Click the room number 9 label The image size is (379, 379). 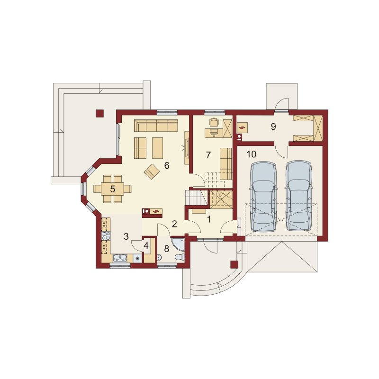(273, 126)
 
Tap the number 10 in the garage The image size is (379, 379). (252, 154)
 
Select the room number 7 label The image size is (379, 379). (208, 155)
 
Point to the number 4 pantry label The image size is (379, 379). (146, 245)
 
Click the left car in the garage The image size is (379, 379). (263, 197)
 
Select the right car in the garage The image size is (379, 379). (299, 196)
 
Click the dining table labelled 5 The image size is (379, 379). (113, 189)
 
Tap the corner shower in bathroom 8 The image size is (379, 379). (178, 245)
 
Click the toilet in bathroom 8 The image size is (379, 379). (180, 257)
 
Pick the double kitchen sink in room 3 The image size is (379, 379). (120, 258)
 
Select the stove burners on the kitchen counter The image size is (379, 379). (106, 235)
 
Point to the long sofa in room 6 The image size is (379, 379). (156, 126)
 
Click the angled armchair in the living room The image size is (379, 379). (152, 171)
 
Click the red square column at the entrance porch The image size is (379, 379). (234, 264)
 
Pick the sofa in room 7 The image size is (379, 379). (226, 163)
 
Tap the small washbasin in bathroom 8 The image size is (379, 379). (159, 257)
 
